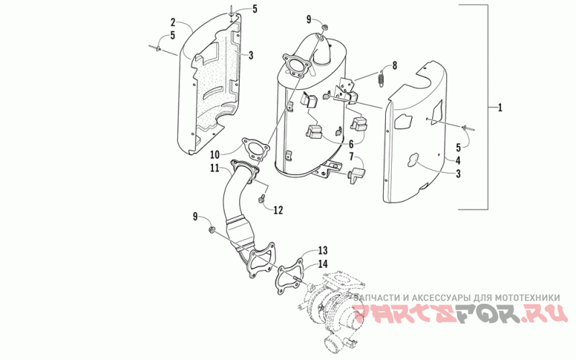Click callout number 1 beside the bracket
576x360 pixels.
click(499, 108)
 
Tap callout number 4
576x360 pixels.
click(458, 161)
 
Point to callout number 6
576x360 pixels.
click(351, 143)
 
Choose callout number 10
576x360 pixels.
click(215, 154)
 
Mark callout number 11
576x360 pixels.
click(215, 168)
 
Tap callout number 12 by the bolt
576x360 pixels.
click(277, 210)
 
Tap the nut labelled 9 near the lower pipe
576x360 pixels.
click(212, 230)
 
